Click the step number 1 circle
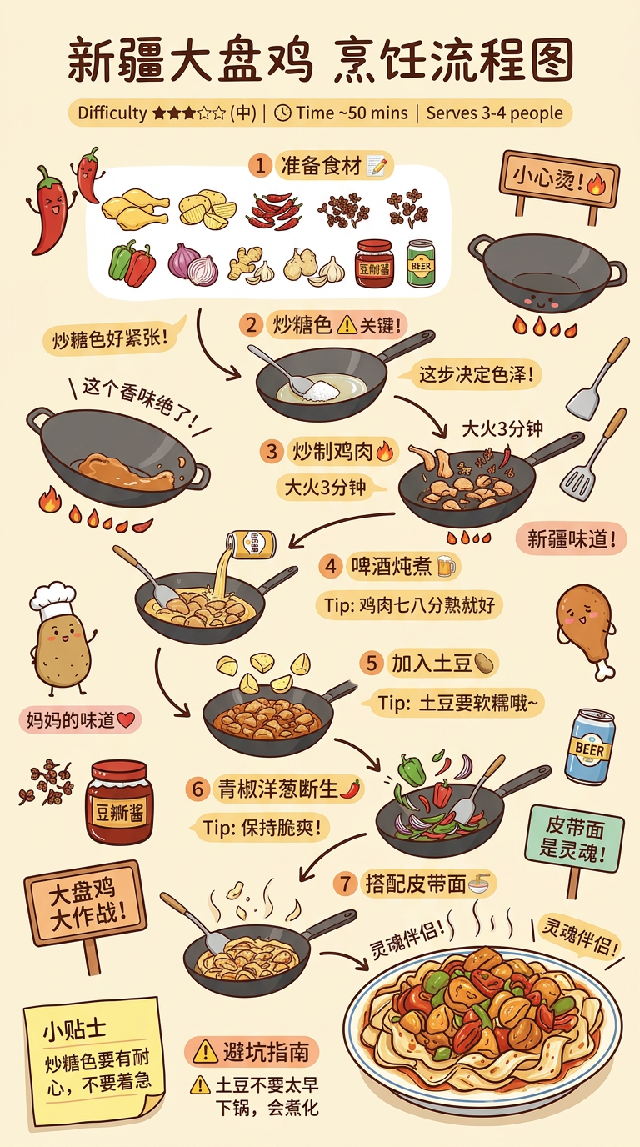[260, 166]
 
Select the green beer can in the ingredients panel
[421, 263]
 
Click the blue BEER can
[590, 747]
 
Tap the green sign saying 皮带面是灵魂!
[574, 839]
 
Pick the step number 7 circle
[345, 884]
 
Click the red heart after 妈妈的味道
[126, 719]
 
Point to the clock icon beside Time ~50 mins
[282, 113]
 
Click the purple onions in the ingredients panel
[193, 264]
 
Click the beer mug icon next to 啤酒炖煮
[447, 566]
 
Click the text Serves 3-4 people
[495, 113]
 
